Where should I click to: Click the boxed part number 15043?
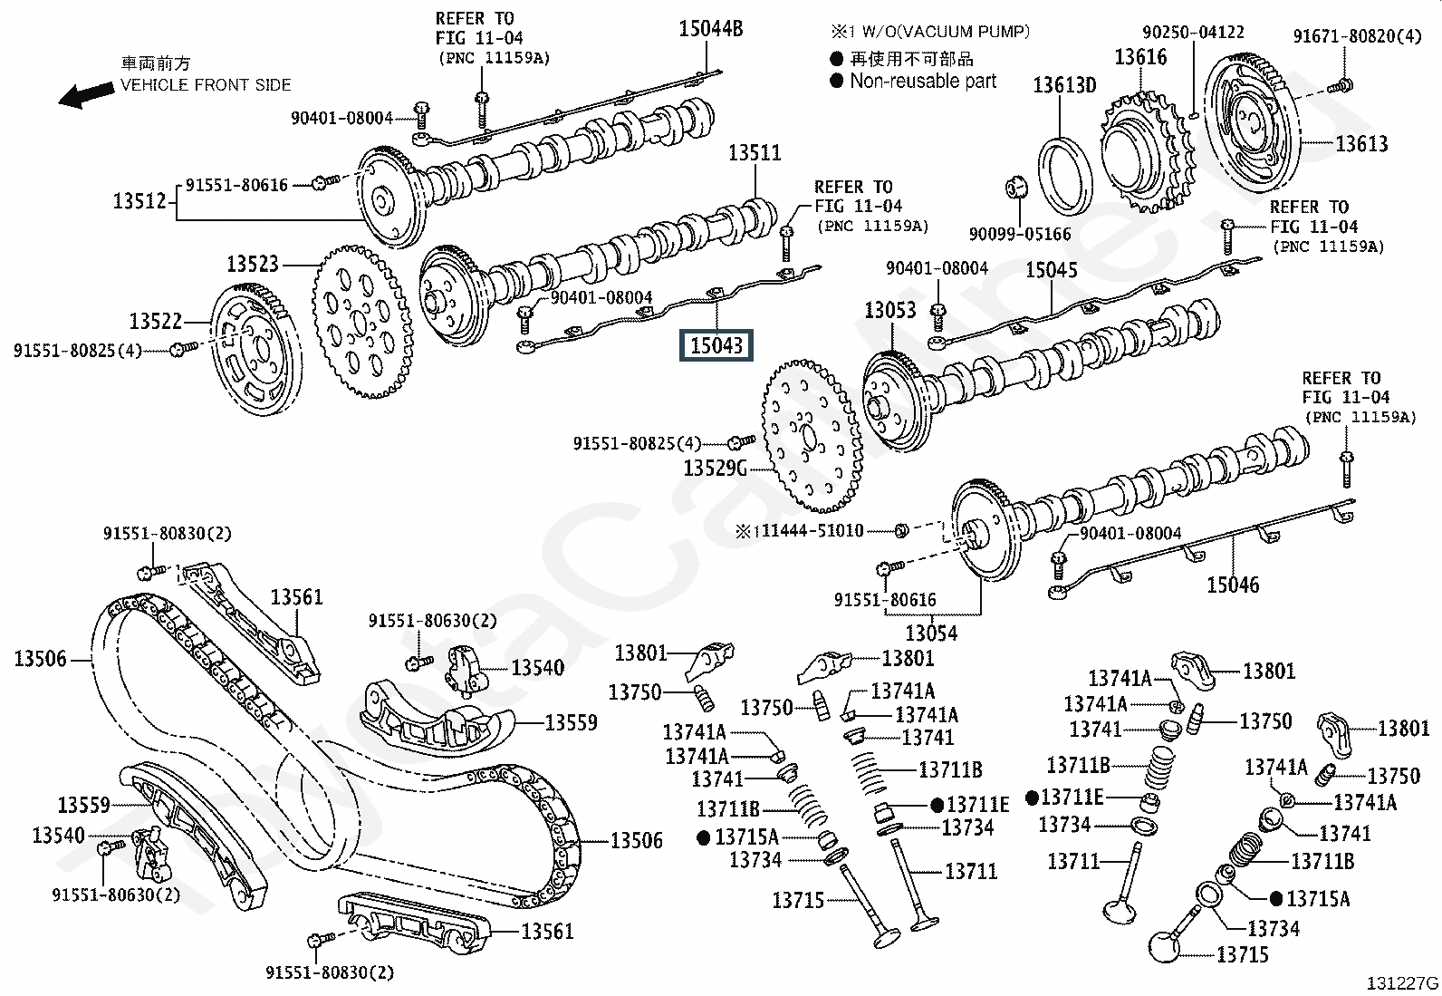[717, 345]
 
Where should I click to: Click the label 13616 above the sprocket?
[1140, 58]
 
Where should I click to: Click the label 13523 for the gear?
[253, 264]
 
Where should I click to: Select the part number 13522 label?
[155, 321]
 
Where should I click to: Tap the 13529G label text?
[715, 468]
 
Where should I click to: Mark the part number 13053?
[890, 310]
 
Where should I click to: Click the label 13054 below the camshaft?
[931, 632]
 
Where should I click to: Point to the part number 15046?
[1233, 585]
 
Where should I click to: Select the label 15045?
[1052, 270]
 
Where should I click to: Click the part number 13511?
[755, 152]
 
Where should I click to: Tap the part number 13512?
[139, 200]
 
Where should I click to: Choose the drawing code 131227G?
[1402, 982]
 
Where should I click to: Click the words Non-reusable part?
[923, 81]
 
